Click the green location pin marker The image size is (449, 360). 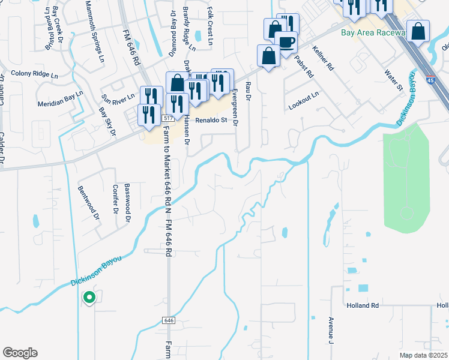click(x=89, y=297)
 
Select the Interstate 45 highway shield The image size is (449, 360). click(x=432, y=79)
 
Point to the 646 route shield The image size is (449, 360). click(x=168, y=321)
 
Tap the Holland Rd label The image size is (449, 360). click(x=362, y=305)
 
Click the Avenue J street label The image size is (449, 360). click(x=331, y=331)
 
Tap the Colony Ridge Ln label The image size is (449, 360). click(x=35, y=75)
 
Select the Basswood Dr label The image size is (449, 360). click(x=127, y=203)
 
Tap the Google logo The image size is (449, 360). click(x=20, y=353)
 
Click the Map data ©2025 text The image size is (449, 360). click(x=423, y=355)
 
